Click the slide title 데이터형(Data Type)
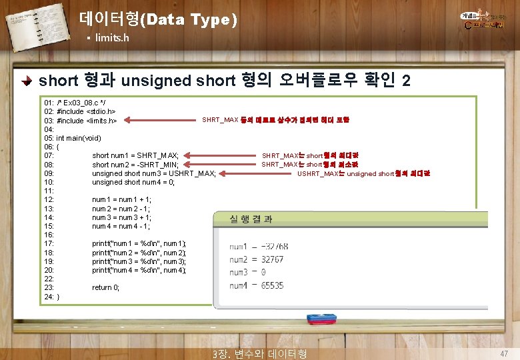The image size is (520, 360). (x=157, y=19)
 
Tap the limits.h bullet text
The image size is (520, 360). (x=112, y=38)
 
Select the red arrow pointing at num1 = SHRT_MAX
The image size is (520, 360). (x=220, y=155)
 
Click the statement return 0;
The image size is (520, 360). (x=106, y=287)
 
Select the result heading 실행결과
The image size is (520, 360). (x=251, y=219)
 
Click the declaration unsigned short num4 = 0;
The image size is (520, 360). (x=133, y=182)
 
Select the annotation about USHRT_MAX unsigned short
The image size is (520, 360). (x=363, y=173)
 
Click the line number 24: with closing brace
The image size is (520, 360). (x=51, y=296)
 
